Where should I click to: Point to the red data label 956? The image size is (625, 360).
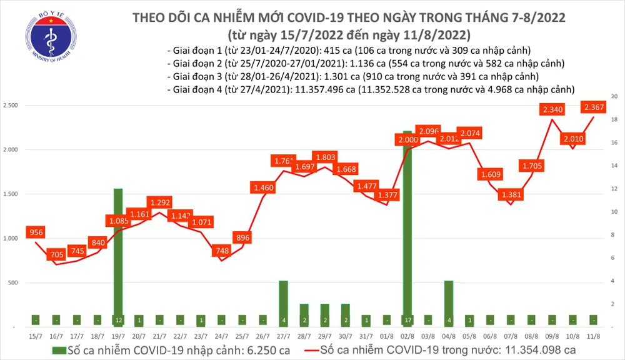[36, 232]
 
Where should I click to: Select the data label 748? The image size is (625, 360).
[221, 251]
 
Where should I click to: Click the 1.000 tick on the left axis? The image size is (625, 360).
[11, 239]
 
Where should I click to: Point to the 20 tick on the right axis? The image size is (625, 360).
[614, 96]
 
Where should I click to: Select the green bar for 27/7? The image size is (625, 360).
[283, 303]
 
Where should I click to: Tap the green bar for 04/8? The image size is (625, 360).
[448, 303]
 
